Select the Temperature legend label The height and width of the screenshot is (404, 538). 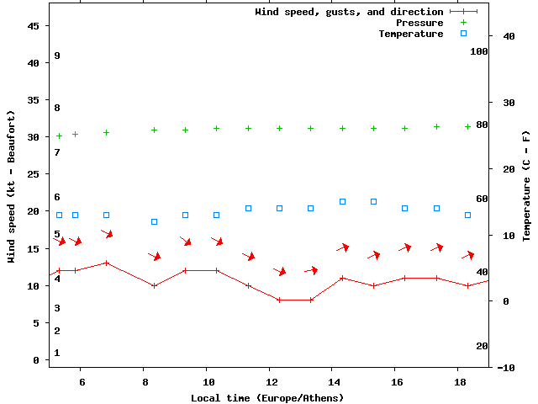click(x=410, y=34)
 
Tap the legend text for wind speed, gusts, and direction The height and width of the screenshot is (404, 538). click(x=349, y=12)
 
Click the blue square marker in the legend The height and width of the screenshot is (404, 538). click(x=463, y=34)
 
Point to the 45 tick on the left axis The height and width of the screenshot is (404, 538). click(x=34, y=26)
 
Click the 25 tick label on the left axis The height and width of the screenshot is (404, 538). click(x=34, y=174)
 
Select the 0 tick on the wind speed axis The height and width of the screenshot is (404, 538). click(x=37, y=360)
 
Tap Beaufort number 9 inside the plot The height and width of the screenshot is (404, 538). click(x=57, y=56)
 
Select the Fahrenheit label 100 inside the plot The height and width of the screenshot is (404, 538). click(x=479, y=51)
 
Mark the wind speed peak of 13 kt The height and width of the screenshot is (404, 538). click(x=107, y=263)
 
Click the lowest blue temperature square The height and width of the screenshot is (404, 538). click(x=154, y=221)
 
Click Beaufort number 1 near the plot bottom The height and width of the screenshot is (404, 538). click(x=57, y=353)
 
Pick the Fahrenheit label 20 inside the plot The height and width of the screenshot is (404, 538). click(x=482, y=346)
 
